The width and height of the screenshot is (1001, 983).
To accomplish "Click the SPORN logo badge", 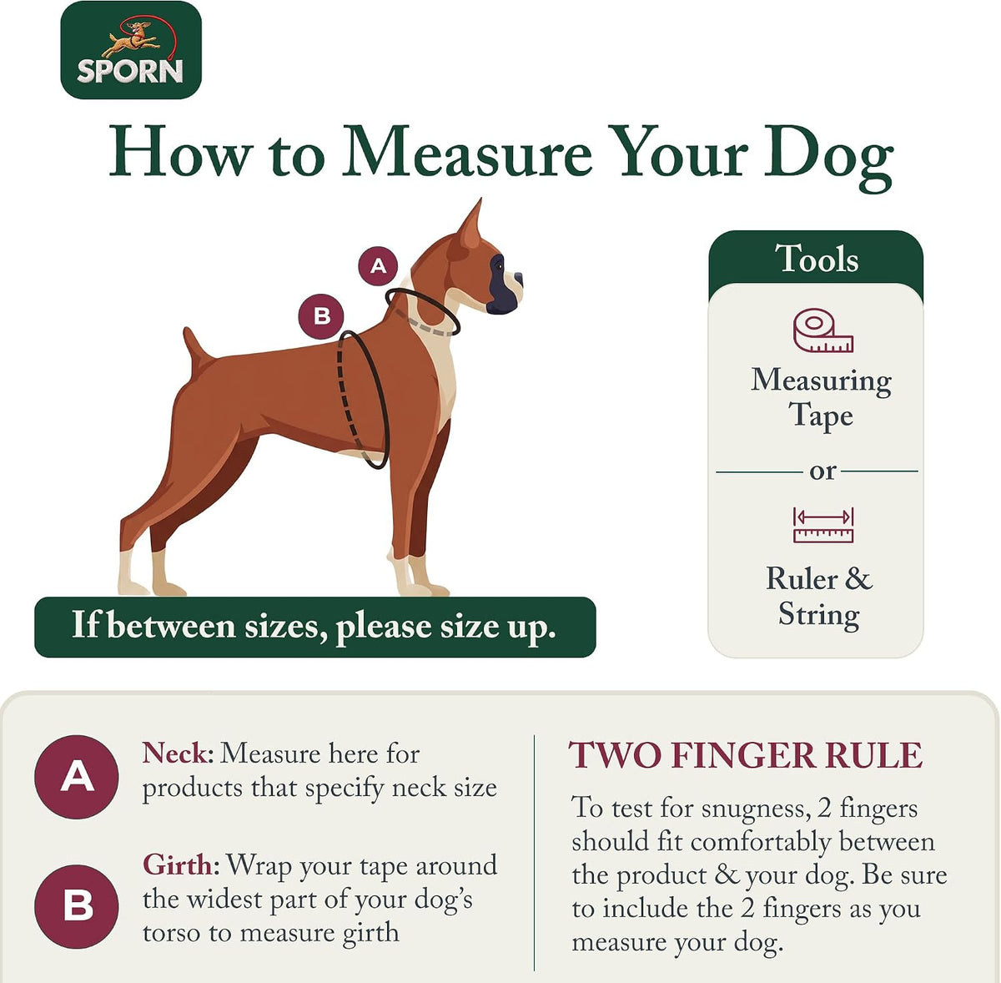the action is tap(131, 50).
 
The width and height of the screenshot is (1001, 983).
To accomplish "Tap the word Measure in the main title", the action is tap(466, 152).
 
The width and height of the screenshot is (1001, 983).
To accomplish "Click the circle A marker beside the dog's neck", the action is tap(378, 266).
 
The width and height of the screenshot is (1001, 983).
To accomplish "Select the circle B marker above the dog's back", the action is tap(321, 316).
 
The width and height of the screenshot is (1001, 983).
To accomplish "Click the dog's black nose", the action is tap(518, 280).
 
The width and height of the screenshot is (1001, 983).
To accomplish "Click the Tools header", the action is tap(816, 259).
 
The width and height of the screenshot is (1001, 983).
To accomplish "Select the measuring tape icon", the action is tap(822, 331).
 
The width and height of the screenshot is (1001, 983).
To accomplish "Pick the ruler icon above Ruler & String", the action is tap(822, 525).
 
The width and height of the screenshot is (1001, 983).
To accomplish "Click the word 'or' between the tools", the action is tap(822, 471).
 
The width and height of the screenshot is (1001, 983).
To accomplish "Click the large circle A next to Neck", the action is tap(77, 777).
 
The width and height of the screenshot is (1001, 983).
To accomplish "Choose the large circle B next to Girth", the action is tap(77, 906).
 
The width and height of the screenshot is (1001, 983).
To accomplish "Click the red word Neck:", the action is tap(178, 753).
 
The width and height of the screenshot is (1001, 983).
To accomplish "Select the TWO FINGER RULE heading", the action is tap(745, 755).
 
